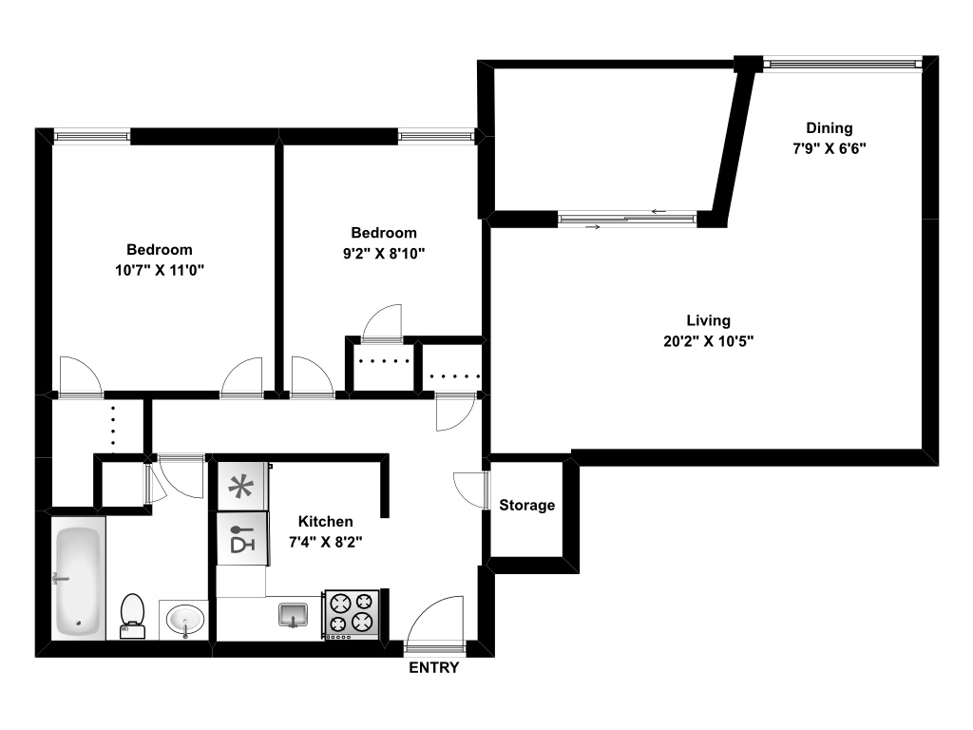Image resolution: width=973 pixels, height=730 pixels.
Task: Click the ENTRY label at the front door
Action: [433, 668]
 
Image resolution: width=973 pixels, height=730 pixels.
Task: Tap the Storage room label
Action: [527, 506]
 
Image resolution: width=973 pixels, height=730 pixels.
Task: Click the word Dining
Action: [829, 128]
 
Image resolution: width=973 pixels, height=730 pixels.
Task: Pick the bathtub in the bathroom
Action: [78, 581]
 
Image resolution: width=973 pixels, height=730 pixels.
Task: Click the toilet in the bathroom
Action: [132, 614]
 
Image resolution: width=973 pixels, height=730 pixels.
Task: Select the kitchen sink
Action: [294, 615]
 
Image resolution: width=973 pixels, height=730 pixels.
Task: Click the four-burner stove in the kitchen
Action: [353, 613]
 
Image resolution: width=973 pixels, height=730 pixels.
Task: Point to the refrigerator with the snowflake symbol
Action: [242, 488]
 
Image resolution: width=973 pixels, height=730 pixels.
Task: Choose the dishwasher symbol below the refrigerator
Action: [242, 538]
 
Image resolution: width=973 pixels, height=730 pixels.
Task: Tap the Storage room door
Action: [471, 490]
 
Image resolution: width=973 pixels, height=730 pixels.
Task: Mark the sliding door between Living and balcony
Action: [627, 221]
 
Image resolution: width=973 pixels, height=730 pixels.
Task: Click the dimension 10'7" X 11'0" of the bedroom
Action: [160, 270]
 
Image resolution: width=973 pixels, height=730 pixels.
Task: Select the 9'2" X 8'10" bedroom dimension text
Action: [383, 253]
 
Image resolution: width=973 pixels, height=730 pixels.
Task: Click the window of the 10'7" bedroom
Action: [91, 137]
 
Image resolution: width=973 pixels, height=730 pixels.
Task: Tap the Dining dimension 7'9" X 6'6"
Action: [830, 148]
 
